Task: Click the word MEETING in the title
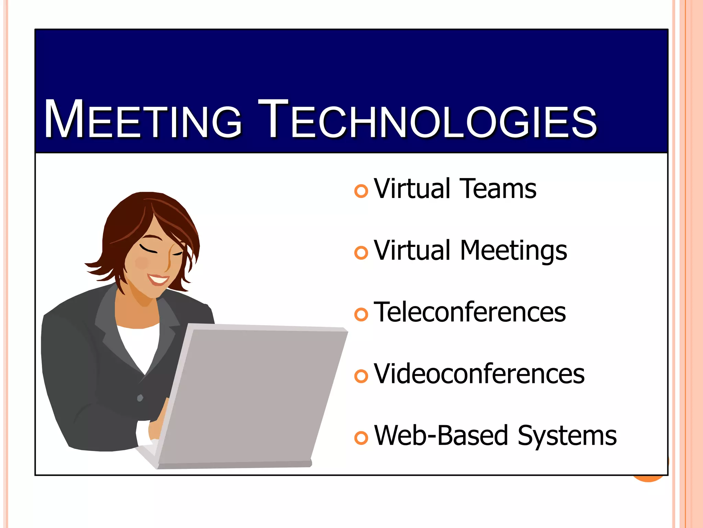143,120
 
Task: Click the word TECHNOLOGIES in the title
427,120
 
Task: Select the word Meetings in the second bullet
513,251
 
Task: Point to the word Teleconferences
470,312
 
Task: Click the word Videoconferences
479,374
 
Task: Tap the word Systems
567,436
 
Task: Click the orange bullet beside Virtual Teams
361,191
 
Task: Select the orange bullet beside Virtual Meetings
361,253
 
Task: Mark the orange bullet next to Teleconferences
361,315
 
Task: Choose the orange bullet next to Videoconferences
361,376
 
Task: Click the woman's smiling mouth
159,279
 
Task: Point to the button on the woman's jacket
140,398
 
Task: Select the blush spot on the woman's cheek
142,263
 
